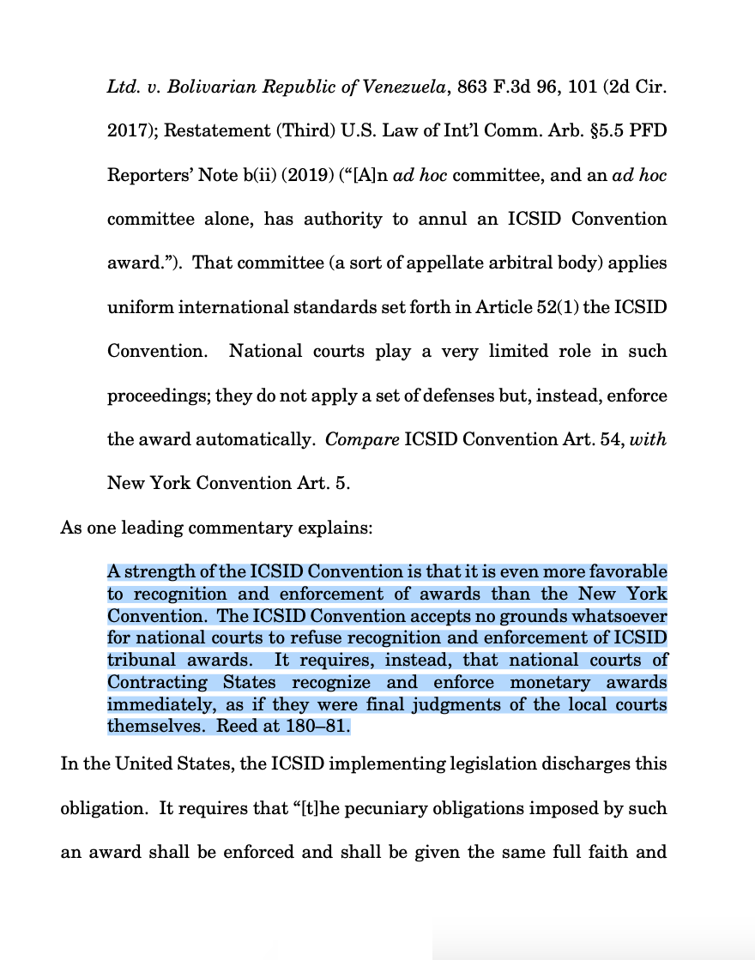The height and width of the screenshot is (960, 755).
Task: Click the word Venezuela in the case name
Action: (403, 87)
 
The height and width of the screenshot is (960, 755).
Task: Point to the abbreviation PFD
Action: (649, 130)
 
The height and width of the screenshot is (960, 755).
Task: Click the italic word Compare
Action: (361, 439)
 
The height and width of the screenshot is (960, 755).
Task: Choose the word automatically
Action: (253, 439)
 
